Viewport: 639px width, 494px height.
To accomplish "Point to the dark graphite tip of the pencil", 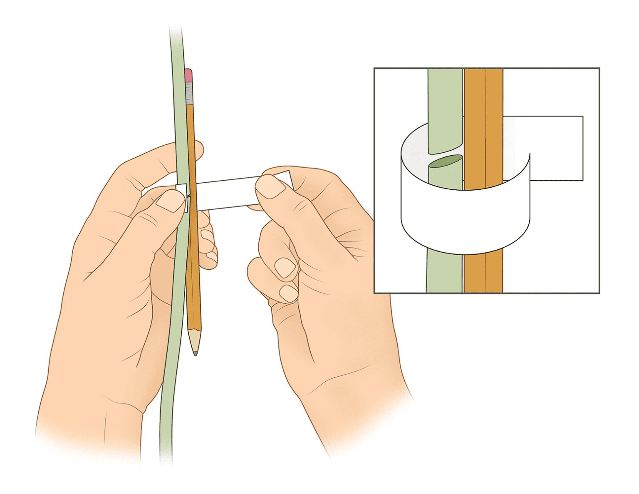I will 195,353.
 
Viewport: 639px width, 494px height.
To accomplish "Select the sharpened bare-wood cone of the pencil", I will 194,339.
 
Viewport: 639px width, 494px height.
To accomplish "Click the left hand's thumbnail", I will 170,201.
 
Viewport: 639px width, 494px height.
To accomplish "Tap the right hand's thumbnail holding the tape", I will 269,187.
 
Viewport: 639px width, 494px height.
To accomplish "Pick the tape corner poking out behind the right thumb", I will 286,176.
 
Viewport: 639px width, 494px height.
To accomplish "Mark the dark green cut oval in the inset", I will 445,161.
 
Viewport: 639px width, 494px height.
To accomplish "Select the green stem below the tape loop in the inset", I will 444,273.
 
